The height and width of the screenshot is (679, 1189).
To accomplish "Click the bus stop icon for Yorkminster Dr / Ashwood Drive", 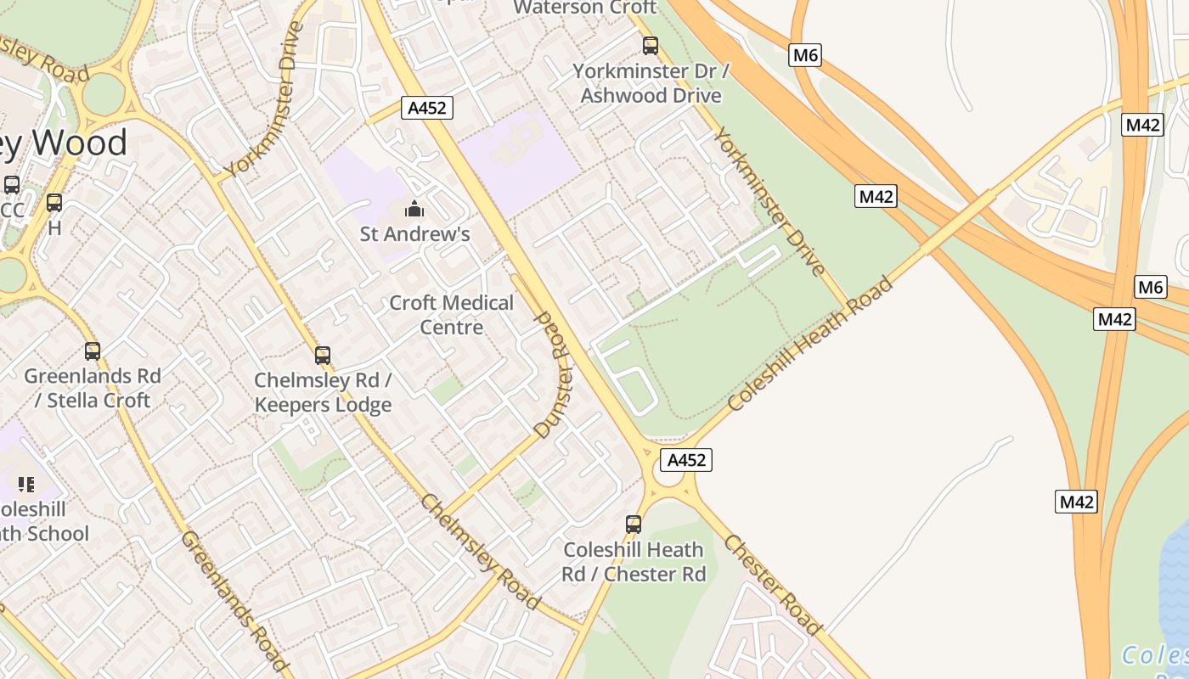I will (651, 46).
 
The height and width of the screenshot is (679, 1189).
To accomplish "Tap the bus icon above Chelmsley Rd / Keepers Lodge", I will (323, 355).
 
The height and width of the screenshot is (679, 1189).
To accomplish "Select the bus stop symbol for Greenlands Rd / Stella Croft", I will (93, 351).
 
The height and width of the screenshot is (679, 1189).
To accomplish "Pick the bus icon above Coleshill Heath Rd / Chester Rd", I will (634, 525).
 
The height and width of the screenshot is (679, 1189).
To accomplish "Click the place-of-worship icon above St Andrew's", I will (414, 209).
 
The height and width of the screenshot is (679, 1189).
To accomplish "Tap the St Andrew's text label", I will (415, 233).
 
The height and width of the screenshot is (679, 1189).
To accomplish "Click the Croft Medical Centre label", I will (451, 315).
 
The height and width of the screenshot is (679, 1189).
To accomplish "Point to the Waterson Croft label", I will (585, 8).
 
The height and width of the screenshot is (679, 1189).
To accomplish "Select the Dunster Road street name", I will (553, 374).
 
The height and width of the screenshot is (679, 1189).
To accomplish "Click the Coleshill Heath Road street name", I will (810, 343).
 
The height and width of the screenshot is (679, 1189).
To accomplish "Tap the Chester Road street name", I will (772, 585).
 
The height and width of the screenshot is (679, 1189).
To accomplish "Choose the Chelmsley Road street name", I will (480, 550).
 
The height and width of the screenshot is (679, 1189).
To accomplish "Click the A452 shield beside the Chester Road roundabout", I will (686, 460).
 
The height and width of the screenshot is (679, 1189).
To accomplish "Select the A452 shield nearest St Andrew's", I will (427, 108).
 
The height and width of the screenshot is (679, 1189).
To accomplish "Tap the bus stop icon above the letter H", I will (54, 203).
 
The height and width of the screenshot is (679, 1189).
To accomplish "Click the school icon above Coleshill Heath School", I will (26, 485).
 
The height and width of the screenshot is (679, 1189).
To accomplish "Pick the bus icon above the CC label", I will (12, 185).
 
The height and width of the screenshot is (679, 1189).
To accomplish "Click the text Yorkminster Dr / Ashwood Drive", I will (651, 83).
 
